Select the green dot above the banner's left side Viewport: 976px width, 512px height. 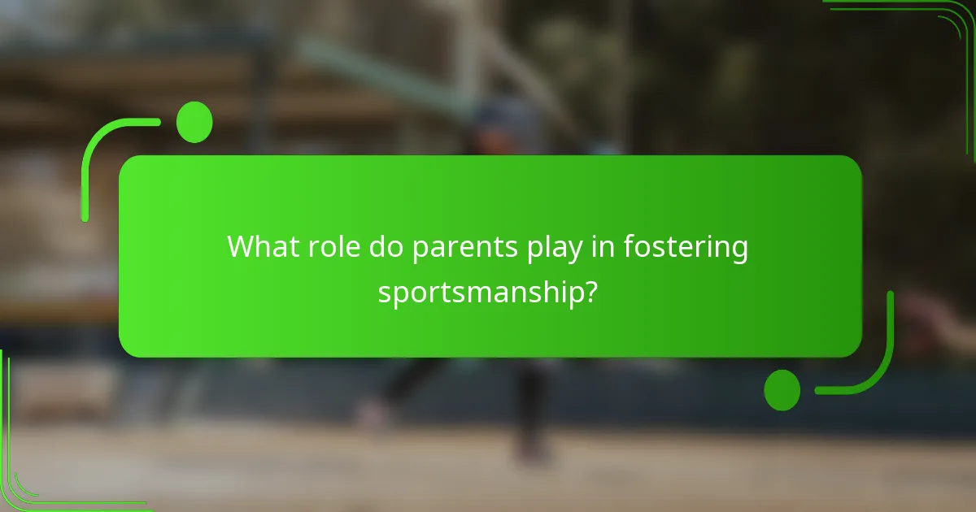click(x=194, y=122)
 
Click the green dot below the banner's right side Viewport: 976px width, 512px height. click(x=782, y=390)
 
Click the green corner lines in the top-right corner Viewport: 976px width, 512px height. click(x=935, y=20)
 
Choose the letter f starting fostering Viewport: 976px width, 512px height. click(x=628, y=247)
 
